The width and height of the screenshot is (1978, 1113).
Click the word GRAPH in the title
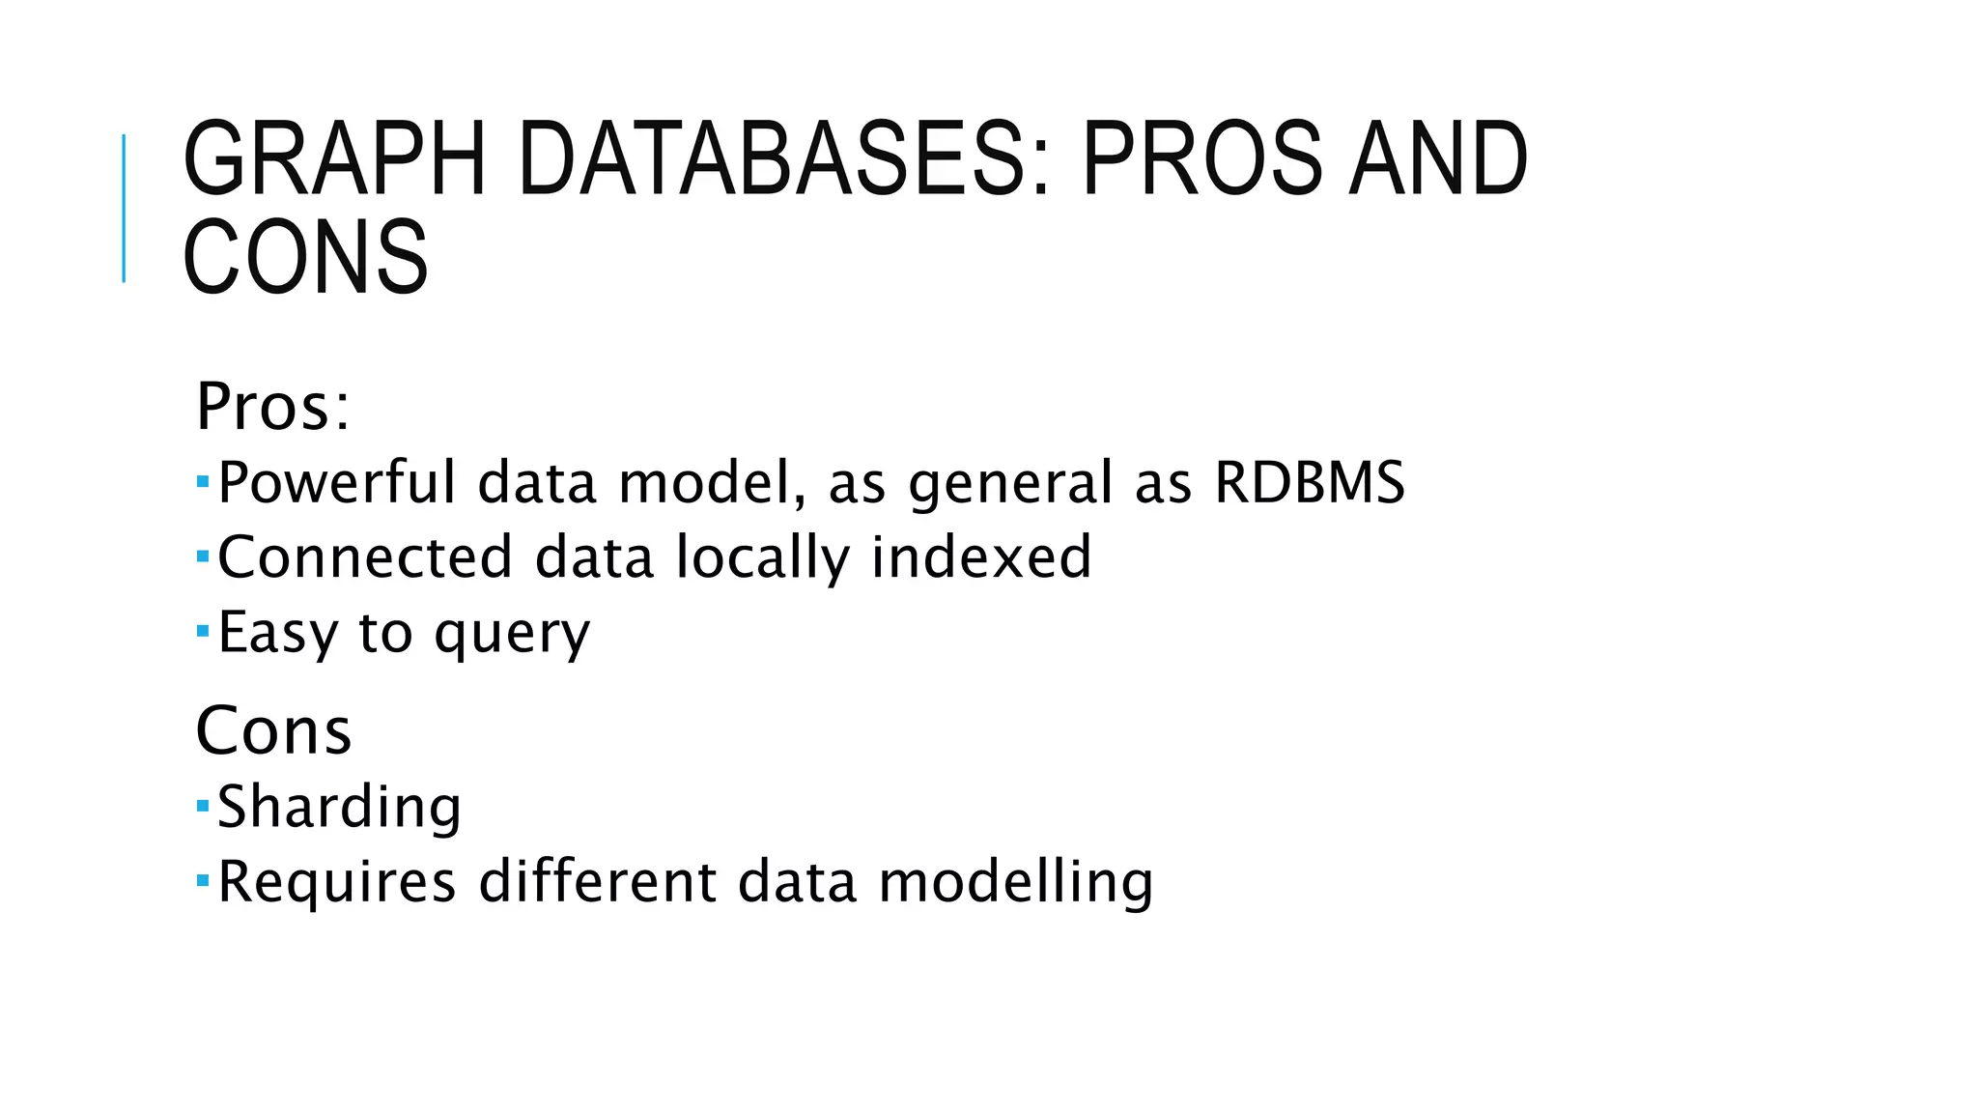[x=334, y=159]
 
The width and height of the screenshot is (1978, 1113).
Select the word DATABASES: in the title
[x=783, y=159]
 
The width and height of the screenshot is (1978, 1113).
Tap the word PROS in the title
[x=1201, y=159]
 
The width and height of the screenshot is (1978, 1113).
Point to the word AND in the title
[x=1438, y=159]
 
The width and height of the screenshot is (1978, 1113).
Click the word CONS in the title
[x=305, y=257]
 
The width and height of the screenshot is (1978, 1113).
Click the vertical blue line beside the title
[x=124, y=209]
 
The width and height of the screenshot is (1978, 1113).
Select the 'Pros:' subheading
[x=272, y=407]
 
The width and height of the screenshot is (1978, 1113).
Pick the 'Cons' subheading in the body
[x=273, y=730]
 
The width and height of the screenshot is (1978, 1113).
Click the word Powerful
[x=336, y=482]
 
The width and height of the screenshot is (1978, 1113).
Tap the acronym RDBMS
[x=1309, y=482]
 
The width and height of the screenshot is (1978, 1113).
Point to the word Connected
[x=364, y=557]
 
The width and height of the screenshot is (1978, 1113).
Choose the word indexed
[x=981, y=557]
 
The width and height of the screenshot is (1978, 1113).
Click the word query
[x=512, y=635]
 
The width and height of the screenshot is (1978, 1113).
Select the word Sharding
[x=339, y=807]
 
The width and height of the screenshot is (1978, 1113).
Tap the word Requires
[x=336, y=882]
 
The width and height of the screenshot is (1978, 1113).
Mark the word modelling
[x=1015, y=882]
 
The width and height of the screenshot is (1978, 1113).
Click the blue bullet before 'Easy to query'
[x=202, y=631]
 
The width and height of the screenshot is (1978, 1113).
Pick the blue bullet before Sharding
[x=202, y=804]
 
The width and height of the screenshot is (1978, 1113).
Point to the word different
[x=598, y=882]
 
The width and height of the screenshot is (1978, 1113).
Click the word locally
[x=762, y=559]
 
